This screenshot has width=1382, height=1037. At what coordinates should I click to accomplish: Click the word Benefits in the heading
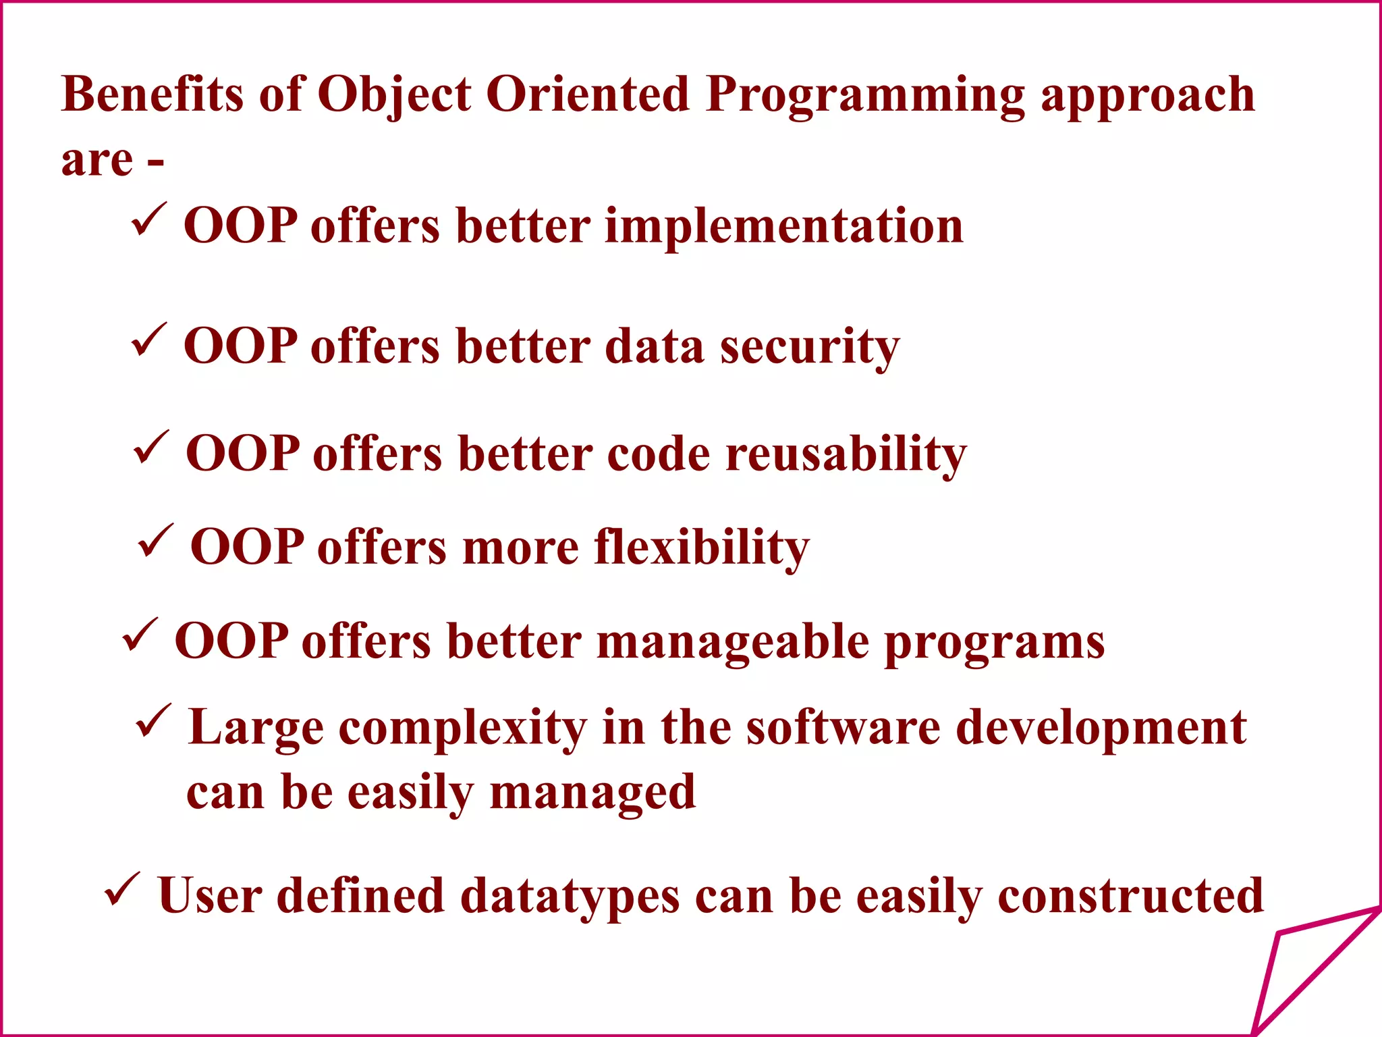point(152,95)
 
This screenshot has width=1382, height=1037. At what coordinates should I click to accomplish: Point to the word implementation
point(784,225)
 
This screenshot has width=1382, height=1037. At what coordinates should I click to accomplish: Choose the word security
point(810,348)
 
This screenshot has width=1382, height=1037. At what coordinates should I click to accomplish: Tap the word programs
point(995,643)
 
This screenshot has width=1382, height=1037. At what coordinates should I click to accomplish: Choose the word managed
point(592,793)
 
